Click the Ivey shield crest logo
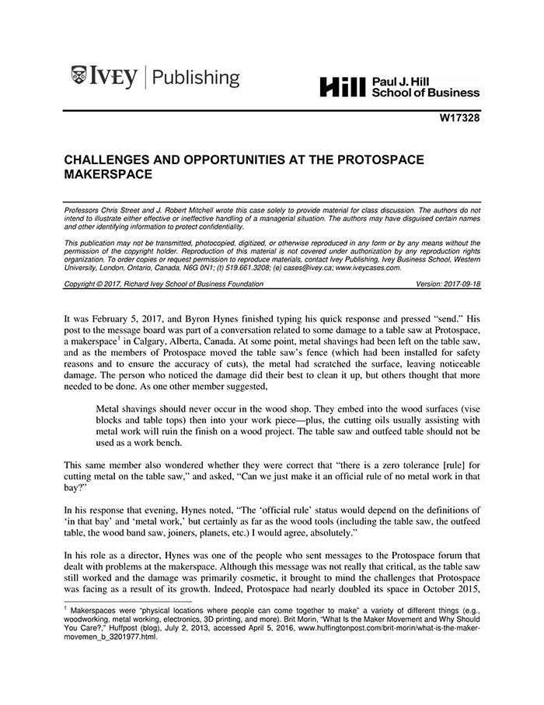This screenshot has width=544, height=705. click(x=78, y=76)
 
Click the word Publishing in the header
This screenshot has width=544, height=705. click(x=197, y=78)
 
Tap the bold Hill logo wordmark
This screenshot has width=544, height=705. click(x=342, y=88)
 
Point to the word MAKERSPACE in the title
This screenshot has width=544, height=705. click(x=107, y=175)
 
